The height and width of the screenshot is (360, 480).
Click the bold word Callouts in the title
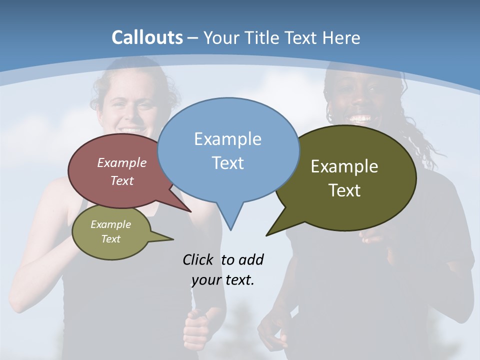tap(147, 37)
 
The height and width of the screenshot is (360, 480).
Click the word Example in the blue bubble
tap(227, 138)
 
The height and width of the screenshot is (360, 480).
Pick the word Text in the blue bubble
tap(227, 163)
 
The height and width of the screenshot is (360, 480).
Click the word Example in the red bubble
tap(122, 162)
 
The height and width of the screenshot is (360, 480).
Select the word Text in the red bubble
tap(122, 180)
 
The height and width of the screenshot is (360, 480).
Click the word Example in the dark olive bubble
tap(344, 166)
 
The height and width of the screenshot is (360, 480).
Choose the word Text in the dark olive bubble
tap(344, 190)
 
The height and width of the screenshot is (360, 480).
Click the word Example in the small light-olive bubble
tap(110, 224)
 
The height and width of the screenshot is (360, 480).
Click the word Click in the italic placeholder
tap(197, 259)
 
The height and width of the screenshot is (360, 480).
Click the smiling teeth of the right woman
tap(360, 119)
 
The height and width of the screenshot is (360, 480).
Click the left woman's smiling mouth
tap(131, 129)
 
